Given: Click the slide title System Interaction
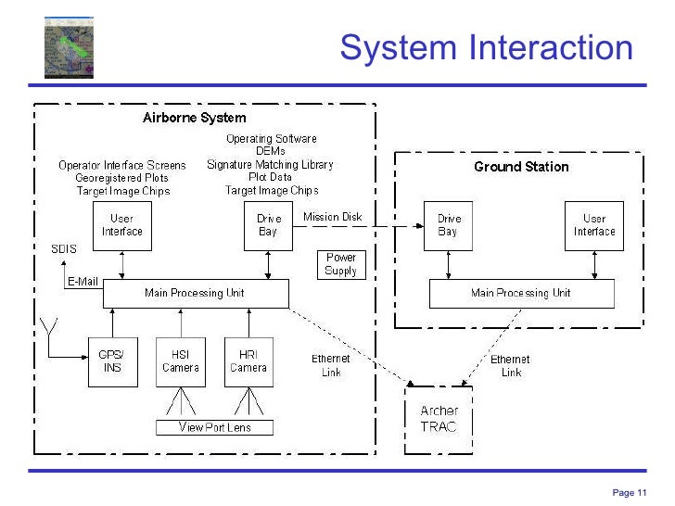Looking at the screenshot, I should click(x=486, y=47).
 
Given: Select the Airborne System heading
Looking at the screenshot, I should click(x=195, y=118).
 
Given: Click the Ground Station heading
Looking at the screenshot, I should click(x=521, y=167).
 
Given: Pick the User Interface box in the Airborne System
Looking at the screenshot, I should click(x=121, y=225).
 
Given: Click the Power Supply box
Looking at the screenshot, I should click(x=340, y=265).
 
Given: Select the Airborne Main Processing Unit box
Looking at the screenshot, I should click(x=195, y=293).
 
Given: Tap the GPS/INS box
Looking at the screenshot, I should click(x=111, y=361).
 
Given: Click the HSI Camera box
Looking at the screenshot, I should click(x=180, y=361).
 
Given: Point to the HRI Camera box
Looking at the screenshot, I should click(x=248, y=361).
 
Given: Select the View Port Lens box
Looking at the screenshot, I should click(x=215, y=427).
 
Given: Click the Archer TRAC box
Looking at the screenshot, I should click(x=439, y=418).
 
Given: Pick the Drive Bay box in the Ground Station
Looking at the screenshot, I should click(x=448, y=225).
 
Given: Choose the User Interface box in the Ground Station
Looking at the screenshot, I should click(x=594, y=225).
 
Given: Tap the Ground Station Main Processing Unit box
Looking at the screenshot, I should click(x=521, y=293).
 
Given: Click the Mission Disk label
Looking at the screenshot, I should click(x=333, y=218).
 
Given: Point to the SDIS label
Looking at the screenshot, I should click(x=64, y=248).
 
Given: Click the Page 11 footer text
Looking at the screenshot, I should click(x=630, y=492).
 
